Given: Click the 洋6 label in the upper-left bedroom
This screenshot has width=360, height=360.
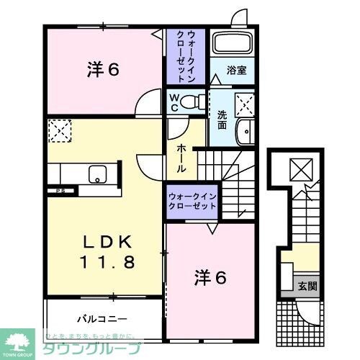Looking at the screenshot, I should pos(103,70).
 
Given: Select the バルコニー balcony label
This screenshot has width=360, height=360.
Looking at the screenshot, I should pos(102,318).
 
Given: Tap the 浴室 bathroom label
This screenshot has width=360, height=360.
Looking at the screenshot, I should pos(237,71).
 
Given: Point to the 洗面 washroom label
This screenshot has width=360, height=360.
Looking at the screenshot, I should pos(222,120).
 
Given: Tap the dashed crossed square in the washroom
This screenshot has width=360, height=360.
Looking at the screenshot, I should pos(245,105).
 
